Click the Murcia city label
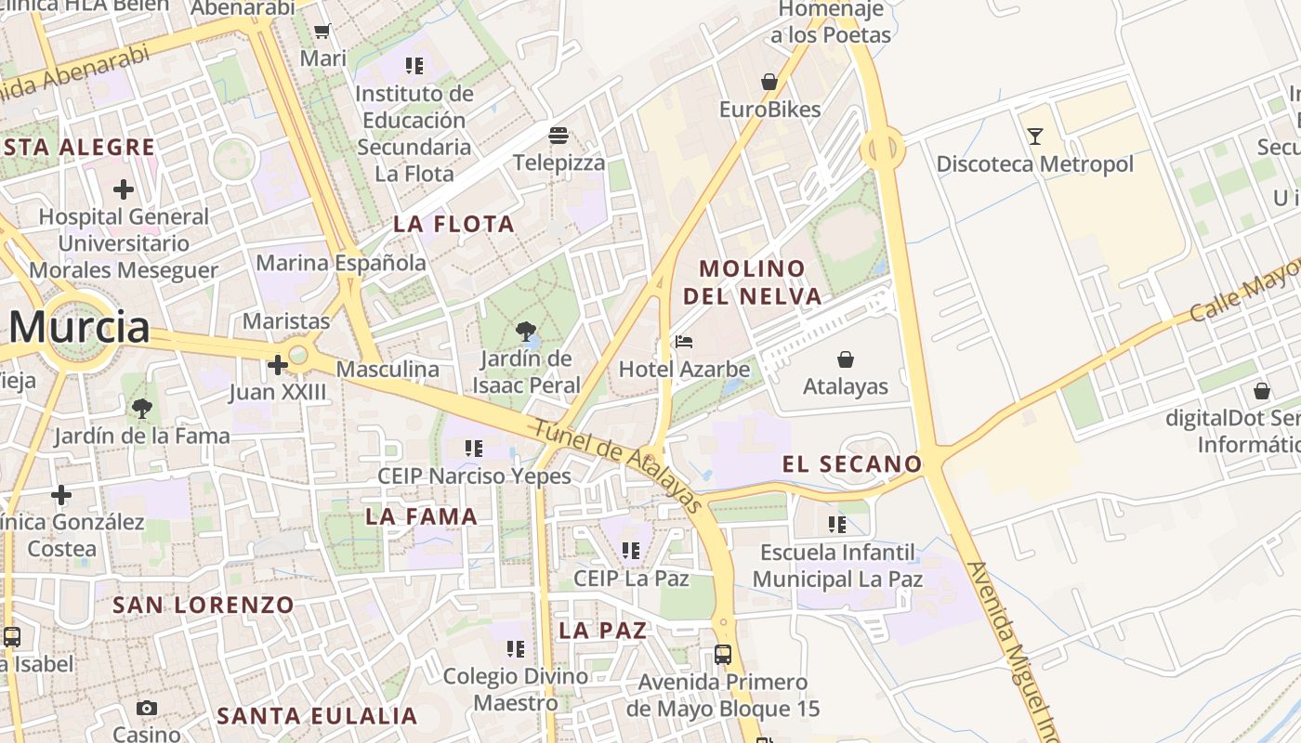(x=79, y=327)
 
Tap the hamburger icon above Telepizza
(x=559, y=136)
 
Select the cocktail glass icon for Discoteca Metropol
(x=1035, y=137)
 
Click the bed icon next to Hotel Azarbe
(x=684, y=342)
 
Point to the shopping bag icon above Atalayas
(x=846, y=358)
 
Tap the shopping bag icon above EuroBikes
(x=769, y=82)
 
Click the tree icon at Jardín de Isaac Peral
(x=526, y=331)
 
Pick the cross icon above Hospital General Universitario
(x=123, y=189)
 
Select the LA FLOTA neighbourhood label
(x=453, y=224)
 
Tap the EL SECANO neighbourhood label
(x=852, y=464)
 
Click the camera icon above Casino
(x=146, y=709)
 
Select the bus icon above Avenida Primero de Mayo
(x=723, y=655)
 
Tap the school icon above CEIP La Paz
(x=631, y=551)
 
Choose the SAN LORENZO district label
(x=204, y=606)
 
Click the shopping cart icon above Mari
(x=322, y=32)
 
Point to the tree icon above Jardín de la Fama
(x=141, y=408)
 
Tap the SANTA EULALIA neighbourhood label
(x=317, y=716)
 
